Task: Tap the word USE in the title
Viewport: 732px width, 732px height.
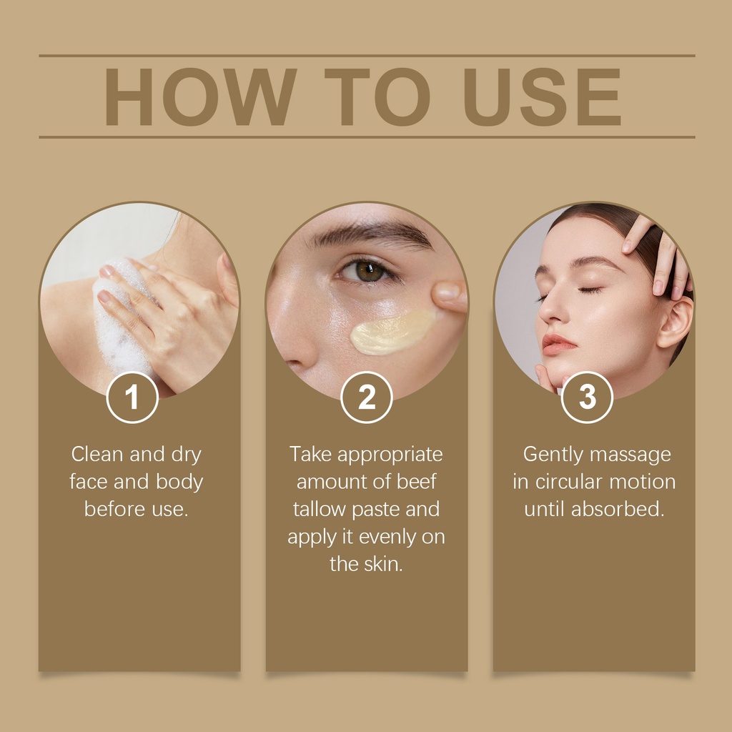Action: click(x=542, y=97)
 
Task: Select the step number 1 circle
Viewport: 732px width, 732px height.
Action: click(x=132, y=397)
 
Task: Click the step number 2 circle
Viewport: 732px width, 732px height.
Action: click(x=367, y=397)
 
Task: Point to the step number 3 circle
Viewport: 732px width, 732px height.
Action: click(x=587, y=397)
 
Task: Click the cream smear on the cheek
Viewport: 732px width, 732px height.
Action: click(x=392, y=332)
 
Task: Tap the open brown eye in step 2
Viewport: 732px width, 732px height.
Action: click(x=368, y=271)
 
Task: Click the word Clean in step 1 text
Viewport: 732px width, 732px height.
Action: click(x=97, y=454)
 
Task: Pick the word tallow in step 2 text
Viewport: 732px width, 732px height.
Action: click(x=320, y=509)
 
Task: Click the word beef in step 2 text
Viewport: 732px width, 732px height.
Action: click(x=417, y=482)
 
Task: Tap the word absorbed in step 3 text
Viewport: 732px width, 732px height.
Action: click(x=617, y=509)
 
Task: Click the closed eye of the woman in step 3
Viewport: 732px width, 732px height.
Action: click(x=590, y=290)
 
